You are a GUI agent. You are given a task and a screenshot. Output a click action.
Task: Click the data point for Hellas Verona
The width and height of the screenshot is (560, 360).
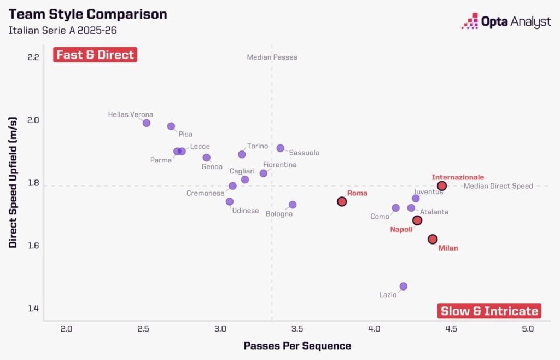click(x=147, y=123)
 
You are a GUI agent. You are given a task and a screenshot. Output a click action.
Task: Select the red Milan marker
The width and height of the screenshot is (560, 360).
click(x=433, y=239)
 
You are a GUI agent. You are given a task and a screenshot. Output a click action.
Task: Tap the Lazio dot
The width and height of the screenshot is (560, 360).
click(x=403, y=286)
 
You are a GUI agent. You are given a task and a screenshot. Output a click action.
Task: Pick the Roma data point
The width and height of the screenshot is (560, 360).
click(x=342, y=201)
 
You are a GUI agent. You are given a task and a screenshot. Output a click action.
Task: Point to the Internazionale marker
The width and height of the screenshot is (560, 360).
click(x=442, y=186)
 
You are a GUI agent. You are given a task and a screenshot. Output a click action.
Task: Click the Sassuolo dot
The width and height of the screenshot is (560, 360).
click(x=281, y=148)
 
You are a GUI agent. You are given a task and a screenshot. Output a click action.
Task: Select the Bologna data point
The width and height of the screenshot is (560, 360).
click(x=293, y=205)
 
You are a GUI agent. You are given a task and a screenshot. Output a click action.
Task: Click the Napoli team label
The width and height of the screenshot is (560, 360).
click(x=401, y=229)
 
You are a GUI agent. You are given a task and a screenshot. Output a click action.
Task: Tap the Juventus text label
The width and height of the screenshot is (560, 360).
click(x=428, y=192)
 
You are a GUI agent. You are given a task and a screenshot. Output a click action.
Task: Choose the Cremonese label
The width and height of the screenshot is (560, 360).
click(x=205, y=193)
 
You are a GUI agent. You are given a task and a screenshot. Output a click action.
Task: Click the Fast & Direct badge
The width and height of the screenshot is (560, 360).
click(x=95, y=55)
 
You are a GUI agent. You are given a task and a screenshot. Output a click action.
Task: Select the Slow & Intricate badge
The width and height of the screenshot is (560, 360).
click(x=489, y=311)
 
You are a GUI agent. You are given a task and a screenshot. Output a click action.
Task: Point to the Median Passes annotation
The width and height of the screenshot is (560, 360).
click(x=272, y=57)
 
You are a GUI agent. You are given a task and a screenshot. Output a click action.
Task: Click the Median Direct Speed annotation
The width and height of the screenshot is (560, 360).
click(x=498, y=186)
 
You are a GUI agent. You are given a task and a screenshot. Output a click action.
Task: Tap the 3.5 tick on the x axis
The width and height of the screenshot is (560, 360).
click(x=297, y=329)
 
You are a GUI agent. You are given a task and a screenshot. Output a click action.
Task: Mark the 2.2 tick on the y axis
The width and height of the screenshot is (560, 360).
click(x=33, y=57)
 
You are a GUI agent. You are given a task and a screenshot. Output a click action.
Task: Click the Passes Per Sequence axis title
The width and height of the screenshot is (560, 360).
click(x=297, y=346)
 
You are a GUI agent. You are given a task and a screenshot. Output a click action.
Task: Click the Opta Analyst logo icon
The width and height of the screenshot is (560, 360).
click(x=470, y=21)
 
